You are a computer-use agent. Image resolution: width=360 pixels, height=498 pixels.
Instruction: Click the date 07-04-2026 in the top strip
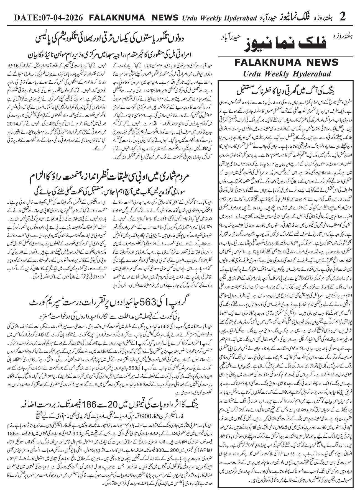coord(62,17)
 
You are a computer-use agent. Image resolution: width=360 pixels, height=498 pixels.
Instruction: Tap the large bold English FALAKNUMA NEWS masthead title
coord(287,63)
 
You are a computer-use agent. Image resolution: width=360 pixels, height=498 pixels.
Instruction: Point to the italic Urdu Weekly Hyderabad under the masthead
coord(287,74)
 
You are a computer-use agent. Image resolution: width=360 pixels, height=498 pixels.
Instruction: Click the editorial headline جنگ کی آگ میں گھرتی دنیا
coord(287,91)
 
